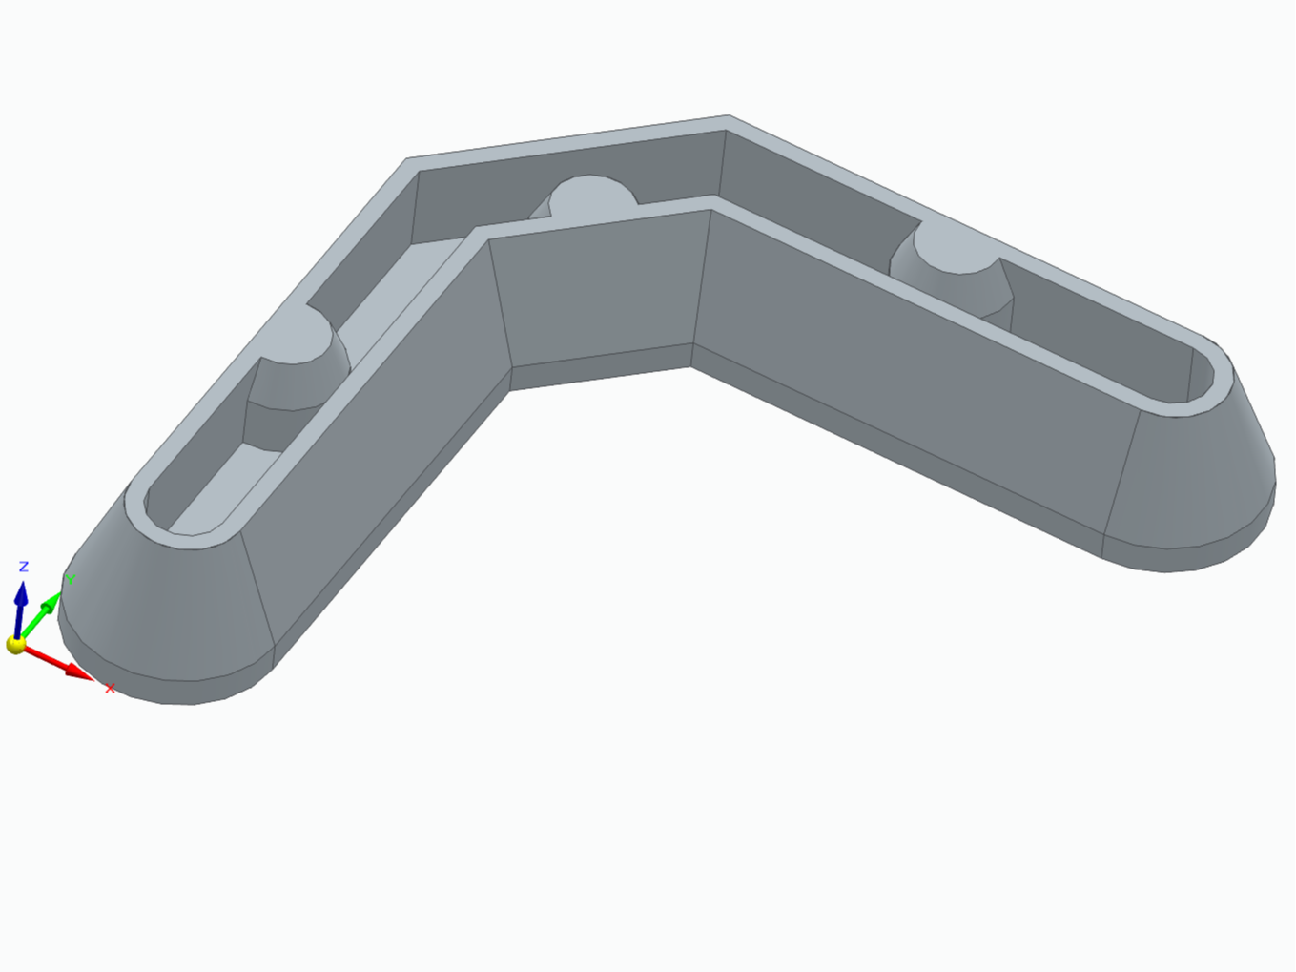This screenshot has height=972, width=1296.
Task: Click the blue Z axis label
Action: pyautogui.click(x=24, y=567)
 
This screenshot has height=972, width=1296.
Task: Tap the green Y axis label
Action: pyautogui.click(x=71, y=579)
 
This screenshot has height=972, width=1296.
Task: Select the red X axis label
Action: pyautogui.click(x=110, y=688)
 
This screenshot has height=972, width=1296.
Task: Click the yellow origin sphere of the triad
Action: pyautogui.click(x=16, y=645)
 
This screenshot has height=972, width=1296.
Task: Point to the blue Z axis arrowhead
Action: pyautogui.click(x=22, y=593)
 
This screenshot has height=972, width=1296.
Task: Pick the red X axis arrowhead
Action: pyautogui.click(x=80, y=672)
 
